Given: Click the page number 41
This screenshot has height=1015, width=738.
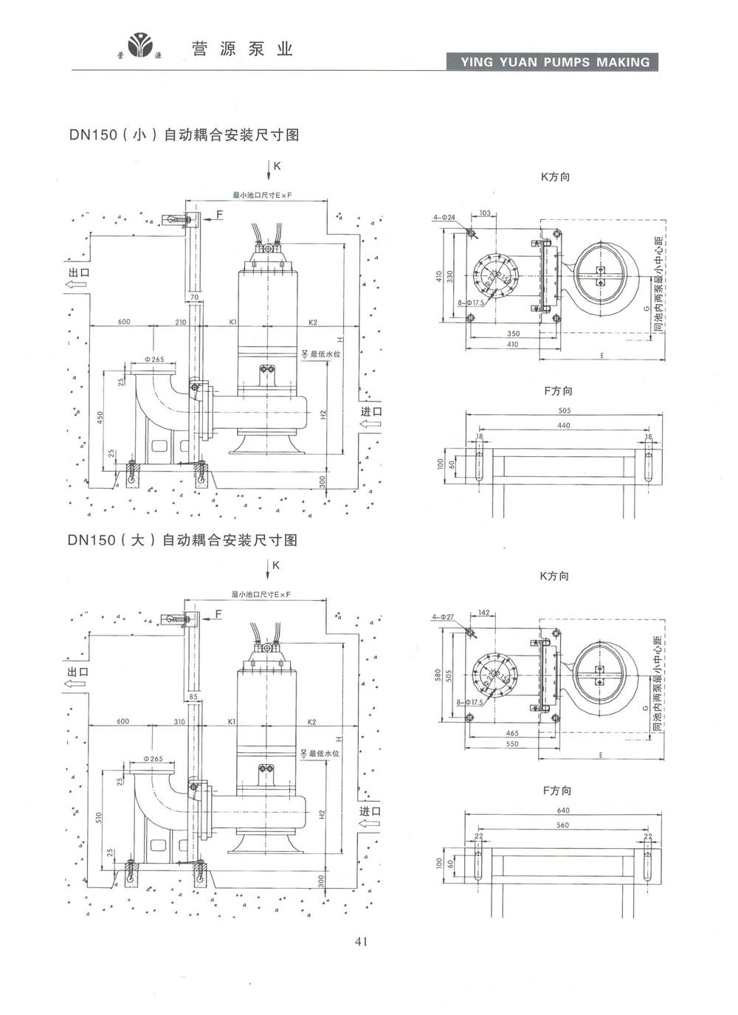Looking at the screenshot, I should click(361, 940).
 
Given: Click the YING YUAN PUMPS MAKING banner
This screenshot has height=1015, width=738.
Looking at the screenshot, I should click(555, 62).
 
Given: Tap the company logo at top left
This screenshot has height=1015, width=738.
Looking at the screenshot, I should click(139, 47).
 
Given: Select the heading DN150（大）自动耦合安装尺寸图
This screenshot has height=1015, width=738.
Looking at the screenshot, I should click(182, 540).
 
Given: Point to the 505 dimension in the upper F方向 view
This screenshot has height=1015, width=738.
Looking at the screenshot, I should click(564, 410).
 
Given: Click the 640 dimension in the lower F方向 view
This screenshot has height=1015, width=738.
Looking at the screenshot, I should click(563, 811).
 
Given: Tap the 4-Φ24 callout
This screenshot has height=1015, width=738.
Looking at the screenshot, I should click(444, 217).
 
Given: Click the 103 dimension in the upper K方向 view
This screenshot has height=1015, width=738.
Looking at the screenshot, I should click(485, 213).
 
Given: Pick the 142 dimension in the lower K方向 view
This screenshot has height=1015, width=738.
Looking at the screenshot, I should click(484, 613).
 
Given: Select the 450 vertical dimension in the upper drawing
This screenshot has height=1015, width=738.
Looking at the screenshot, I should click(100, 417).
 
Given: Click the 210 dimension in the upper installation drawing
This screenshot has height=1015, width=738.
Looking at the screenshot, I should click(181, 322).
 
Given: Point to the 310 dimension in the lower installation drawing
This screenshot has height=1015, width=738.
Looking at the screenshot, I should click(179, 721).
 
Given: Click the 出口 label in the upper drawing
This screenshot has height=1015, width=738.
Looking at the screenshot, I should click(78, 272).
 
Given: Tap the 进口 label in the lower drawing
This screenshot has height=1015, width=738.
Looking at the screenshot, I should click(370, 811).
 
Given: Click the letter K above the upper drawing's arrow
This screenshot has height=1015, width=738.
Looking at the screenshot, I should click(277, 166).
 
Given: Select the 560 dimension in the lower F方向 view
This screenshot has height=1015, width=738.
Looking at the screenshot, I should click(562, 825).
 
